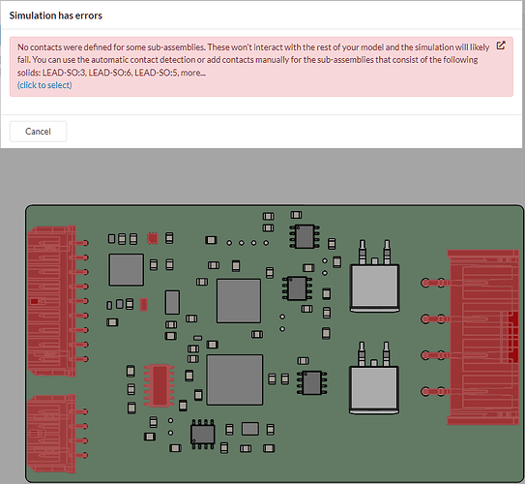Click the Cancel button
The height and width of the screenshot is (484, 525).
point(38,131)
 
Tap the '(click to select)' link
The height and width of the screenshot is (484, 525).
point(44,85)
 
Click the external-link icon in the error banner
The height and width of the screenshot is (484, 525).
point(501,45)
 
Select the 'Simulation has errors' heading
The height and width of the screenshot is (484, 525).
point(55,15)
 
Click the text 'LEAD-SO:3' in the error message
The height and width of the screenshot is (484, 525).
point(64,73)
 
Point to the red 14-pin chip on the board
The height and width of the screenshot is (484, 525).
point(160,385)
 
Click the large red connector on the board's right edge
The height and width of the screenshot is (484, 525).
point(483,338)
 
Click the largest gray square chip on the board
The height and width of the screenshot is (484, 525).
point(235,379)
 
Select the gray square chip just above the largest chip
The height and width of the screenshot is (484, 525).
point(239,301)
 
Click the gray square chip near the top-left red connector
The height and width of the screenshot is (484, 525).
point(127,269)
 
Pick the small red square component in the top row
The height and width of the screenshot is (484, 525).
point(153,239)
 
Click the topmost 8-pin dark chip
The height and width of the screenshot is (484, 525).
point(305,236)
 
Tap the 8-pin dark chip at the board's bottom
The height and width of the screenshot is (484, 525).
point(203,434)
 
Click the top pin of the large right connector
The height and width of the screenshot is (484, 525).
point(434,283)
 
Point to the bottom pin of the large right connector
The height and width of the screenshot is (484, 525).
point(434,391)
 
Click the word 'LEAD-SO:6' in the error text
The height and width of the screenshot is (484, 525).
point(110,73)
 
